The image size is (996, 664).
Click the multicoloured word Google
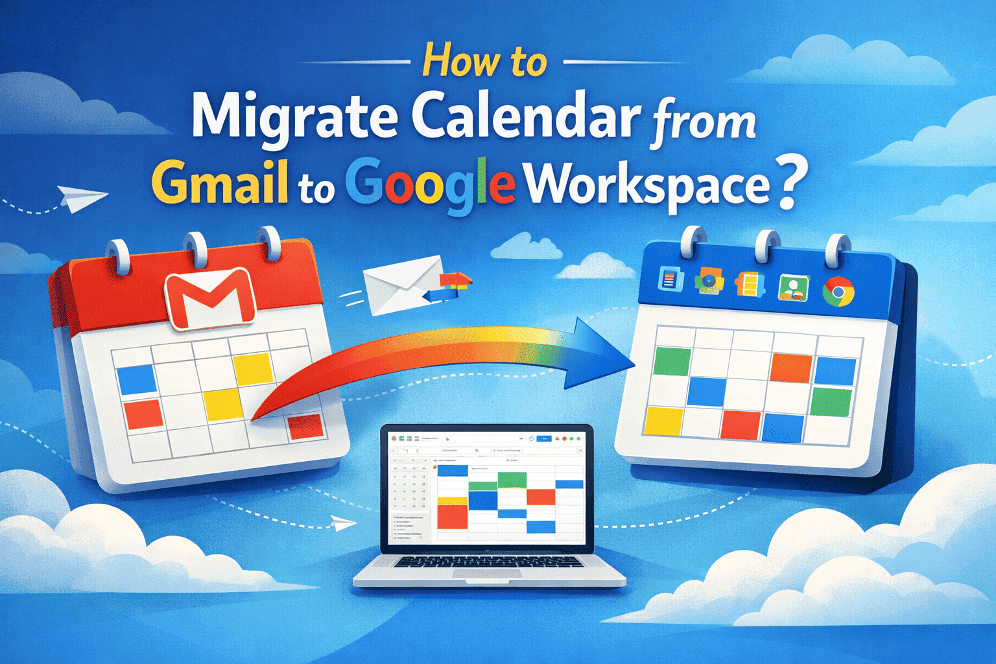(x=431, y=185)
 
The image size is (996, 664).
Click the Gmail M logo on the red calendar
(x=209, y=300)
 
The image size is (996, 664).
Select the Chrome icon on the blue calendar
(x=838, y=292)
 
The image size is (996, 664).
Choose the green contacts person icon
(x=792, y=287)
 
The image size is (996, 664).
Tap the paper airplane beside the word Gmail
(x=80, y=198)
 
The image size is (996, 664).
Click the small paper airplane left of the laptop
(x=342, y=522)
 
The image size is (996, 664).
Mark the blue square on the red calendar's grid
(x=137, y=379)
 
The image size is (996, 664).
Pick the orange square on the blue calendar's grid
(x=790, y=368)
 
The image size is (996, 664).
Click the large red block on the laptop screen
(x=453, y=517)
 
